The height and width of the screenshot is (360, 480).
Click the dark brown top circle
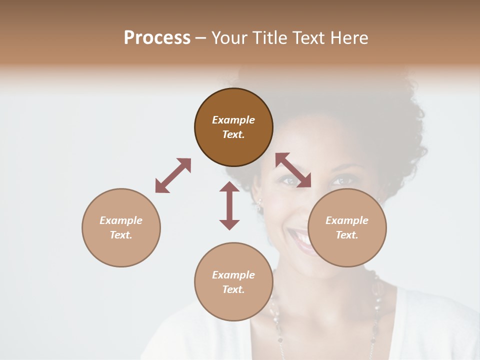(x=233, y=127)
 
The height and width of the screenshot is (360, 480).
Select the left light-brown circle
(x=121, y=227)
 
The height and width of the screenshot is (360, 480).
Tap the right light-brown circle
(x=347, y=227)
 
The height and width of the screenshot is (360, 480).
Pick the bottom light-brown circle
(x=233, y=281)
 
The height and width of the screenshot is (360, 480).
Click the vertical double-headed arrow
(x=229, y=205)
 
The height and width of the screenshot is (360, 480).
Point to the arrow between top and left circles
(x=173, y=175)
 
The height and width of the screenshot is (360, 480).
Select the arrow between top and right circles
(x=293, y=170)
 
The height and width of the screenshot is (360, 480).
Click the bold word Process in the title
(x=157, y=37)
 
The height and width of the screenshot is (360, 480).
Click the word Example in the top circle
(x=233, y=120)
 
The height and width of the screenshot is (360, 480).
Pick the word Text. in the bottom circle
(x=233, y=289)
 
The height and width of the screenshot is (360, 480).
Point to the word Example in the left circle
(x=121, y=220)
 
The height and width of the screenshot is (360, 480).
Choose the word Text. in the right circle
(x=347, y=235)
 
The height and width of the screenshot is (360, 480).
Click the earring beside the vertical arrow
(x=259, y=204)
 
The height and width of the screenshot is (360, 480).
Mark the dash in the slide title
(x=200, y=37)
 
